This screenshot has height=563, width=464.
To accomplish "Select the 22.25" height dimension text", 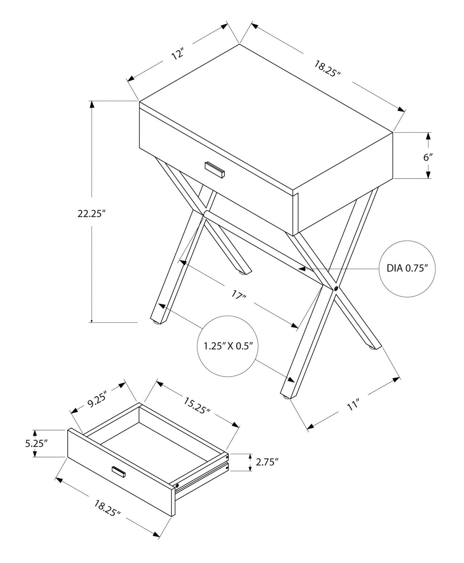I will click(91, 214).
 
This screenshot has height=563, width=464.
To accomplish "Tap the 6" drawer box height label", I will click(428, 157).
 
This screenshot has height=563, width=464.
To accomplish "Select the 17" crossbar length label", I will click(239, 295).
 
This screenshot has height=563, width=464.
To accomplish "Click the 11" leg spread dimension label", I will click(353, 405).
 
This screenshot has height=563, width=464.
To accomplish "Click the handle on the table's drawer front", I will click(215, 170).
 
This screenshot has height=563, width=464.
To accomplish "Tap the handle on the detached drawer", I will click(119, 472).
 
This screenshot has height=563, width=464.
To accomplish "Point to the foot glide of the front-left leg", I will click(155, 321).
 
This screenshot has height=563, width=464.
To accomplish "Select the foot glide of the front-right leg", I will click(286, 396).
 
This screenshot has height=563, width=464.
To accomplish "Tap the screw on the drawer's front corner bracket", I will click(177, 486).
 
